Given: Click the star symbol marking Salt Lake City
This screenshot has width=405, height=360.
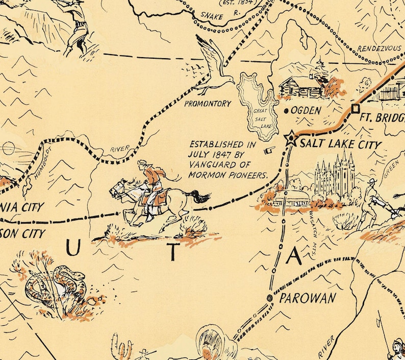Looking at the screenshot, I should coord(291,138).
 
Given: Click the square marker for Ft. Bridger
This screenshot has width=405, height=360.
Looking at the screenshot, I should coord(355,108).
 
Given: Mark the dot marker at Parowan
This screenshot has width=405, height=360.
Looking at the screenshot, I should coord(269,298).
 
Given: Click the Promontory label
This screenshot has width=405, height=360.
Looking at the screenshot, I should coord(208,104).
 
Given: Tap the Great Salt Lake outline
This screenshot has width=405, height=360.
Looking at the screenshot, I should coord(257,107).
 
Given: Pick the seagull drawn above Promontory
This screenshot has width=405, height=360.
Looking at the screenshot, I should coord(215,66).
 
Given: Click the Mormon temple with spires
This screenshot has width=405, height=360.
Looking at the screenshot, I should coord(334,176).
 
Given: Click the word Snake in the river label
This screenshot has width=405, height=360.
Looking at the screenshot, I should coord(211,17).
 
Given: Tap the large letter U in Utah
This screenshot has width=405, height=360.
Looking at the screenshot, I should coord(73,249).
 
